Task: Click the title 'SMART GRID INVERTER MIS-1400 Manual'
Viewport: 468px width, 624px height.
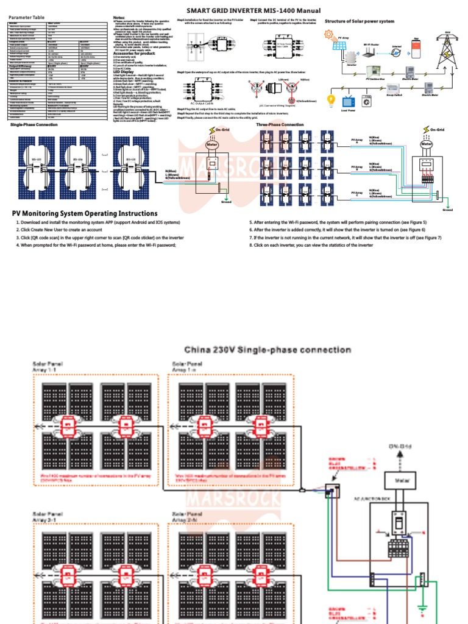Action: [x=253, y=10]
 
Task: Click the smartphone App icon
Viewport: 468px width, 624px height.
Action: [x=417, y=49]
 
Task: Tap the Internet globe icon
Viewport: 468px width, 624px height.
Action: [x=396, y=54]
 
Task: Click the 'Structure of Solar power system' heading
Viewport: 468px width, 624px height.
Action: [x=359, y=21]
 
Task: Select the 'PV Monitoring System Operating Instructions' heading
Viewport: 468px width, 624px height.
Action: [x=85, y=213]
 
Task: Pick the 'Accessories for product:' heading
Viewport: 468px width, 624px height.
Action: [x=135, y=53]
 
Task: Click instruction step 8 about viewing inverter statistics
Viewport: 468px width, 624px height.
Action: [x=311, y=244]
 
